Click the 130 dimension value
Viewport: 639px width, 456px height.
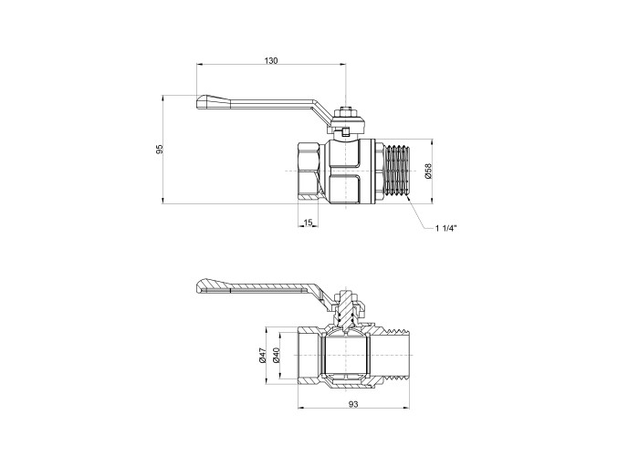[271, 61]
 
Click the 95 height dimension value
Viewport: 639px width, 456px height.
[160, 149]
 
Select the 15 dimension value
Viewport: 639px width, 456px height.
[309, 223]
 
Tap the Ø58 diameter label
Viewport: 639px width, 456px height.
[427, 171]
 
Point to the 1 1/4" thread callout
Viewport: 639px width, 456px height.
[446, 228]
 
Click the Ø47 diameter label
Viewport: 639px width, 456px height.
[263, 355]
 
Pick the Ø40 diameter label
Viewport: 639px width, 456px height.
[276, 356]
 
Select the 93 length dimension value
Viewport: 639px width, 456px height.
[353, 404]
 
